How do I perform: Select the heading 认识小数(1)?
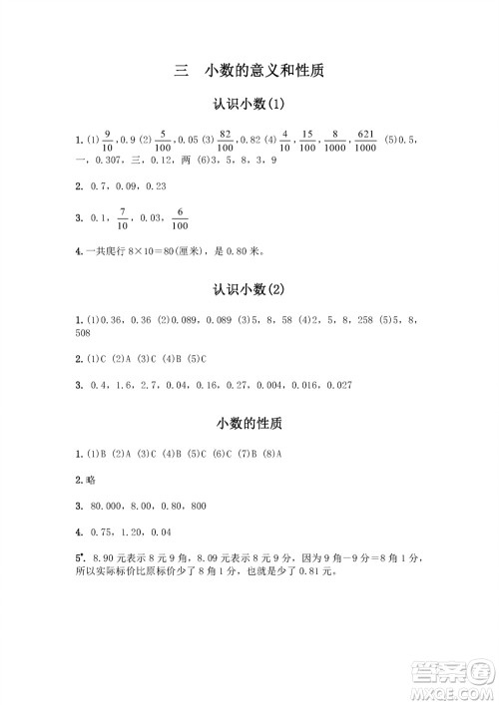(249, 104)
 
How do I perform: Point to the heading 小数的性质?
(249, 423)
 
